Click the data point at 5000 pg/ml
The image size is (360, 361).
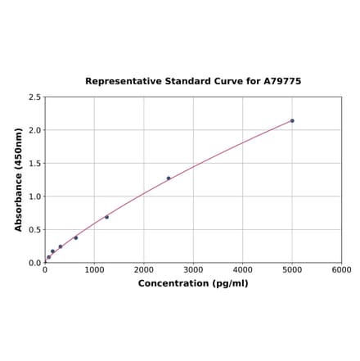coord(292,120)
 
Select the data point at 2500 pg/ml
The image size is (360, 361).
coord(169,178)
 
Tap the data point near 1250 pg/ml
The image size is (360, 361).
coord(106,217)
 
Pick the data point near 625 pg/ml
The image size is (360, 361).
coord(76,238)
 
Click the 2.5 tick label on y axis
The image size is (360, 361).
coord(35,97)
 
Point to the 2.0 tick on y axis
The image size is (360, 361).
coord(35,130)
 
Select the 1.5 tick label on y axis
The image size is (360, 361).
coord(35,164)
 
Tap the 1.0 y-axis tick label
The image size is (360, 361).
coord(35,196)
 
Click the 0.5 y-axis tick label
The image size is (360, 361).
coord(35,230)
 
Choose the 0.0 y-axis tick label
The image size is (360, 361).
coord(35,263)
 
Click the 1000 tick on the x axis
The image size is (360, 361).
coord(94,270)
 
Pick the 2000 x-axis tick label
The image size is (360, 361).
coord(144,270)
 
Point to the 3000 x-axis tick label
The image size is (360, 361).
coord(193,270)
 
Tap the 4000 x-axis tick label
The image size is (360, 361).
coord(243,270)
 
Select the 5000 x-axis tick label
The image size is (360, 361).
coord(292,270)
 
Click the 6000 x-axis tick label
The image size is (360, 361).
coord(341,270)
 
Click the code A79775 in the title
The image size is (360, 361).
coord(281,82)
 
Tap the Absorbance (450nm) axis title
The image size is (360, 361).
coord(18,179)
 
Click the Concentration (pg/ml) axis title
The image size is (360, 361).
coord(193,283)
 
